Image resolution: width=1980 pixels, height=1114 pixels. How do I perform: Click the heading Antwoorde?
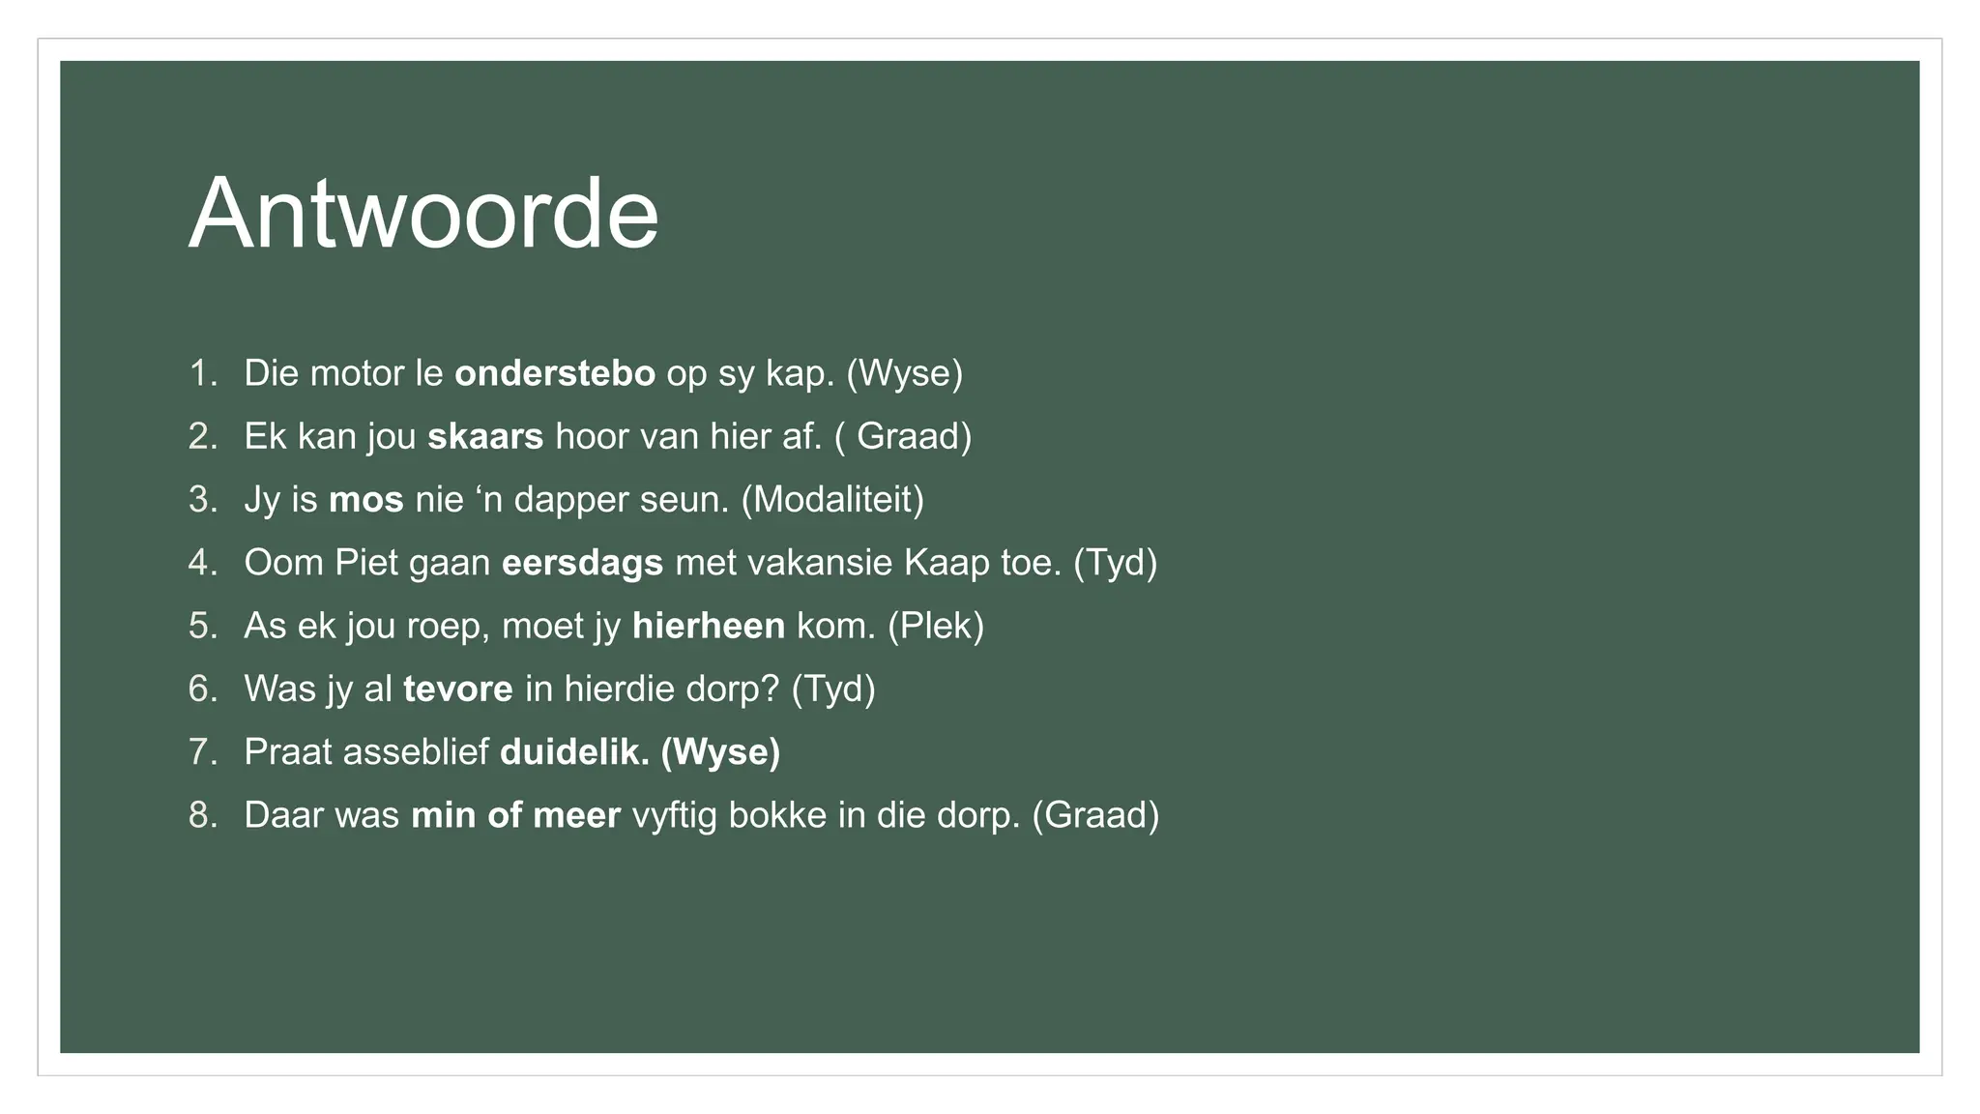[x=422, y=214]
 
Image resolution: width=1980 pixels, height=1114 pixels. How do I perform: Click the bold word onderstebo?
[x=554, y=373]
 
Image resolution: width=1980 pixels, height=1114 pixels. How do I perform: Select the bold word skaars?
[x=485, y=436]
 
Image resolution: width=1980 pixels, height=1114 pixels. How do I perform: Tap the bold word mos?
[x=365, y=500]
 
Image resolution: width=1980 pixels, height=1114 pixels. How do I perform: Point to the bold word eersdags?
[x=582, y=563]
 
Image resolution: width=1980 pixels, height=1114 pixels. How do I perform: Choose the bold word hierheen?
[x=708, y=626]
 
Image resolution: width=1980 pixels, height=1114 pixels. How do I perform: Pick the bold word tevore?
[x=457, y=689]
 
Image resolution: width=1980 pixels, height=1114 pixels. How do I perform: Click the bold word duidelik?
[x=574, y=752]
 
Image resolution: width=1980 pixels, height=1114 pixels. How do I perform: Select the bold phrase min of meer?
[x=515, y=815]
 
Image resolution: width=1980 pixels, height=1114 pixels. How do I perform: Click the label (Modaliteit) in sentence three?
[x=832, y=500]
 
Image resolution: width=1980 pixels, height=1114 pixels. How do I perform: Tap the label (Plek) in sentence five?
[x=935, y=626]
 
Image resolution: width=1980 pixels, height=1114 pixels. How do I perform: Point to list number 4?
[x=202, y=563]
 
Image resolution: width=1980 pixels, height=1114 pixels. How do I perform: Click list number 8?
[x=202, y=815]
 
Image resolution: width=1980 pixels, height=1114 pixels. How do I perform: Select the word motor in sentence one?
[x=357, y=373]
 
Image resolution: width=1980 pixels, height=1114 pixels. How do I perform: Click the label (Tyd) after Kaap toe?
[x=1115, y=563]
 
